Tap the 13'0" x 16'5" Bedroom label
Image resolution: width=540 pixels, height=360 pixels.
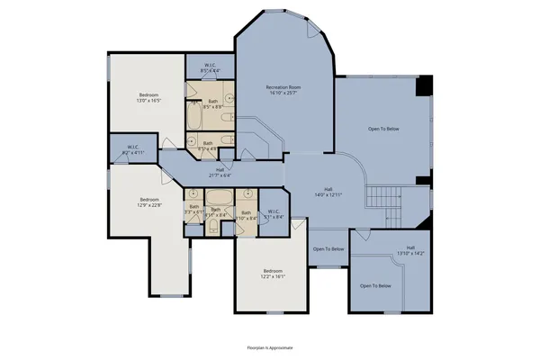149,98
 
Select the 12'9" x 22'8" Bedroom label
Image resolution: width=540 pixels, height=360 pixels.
149,202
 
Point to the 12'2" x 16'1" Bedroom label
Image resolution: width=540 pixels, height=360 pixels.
274,274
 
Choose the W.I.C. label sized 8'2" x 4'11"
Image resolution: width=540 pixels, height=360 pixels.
132,150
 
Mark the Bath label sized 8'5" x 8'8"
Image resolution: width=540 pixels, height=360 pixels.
213,104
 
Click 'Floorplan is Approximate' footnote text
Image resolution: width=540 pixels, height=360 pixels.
270,346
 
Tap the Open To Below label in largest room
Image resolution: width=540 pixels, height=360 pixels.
382,130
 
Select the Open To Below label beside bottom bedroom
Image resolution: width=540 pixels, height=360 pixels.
328,249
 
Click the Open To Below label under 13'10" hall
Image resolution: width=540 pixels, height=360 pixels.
375,285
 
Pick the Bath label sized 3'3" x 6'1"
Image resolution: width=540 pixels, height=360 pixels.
193,210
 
